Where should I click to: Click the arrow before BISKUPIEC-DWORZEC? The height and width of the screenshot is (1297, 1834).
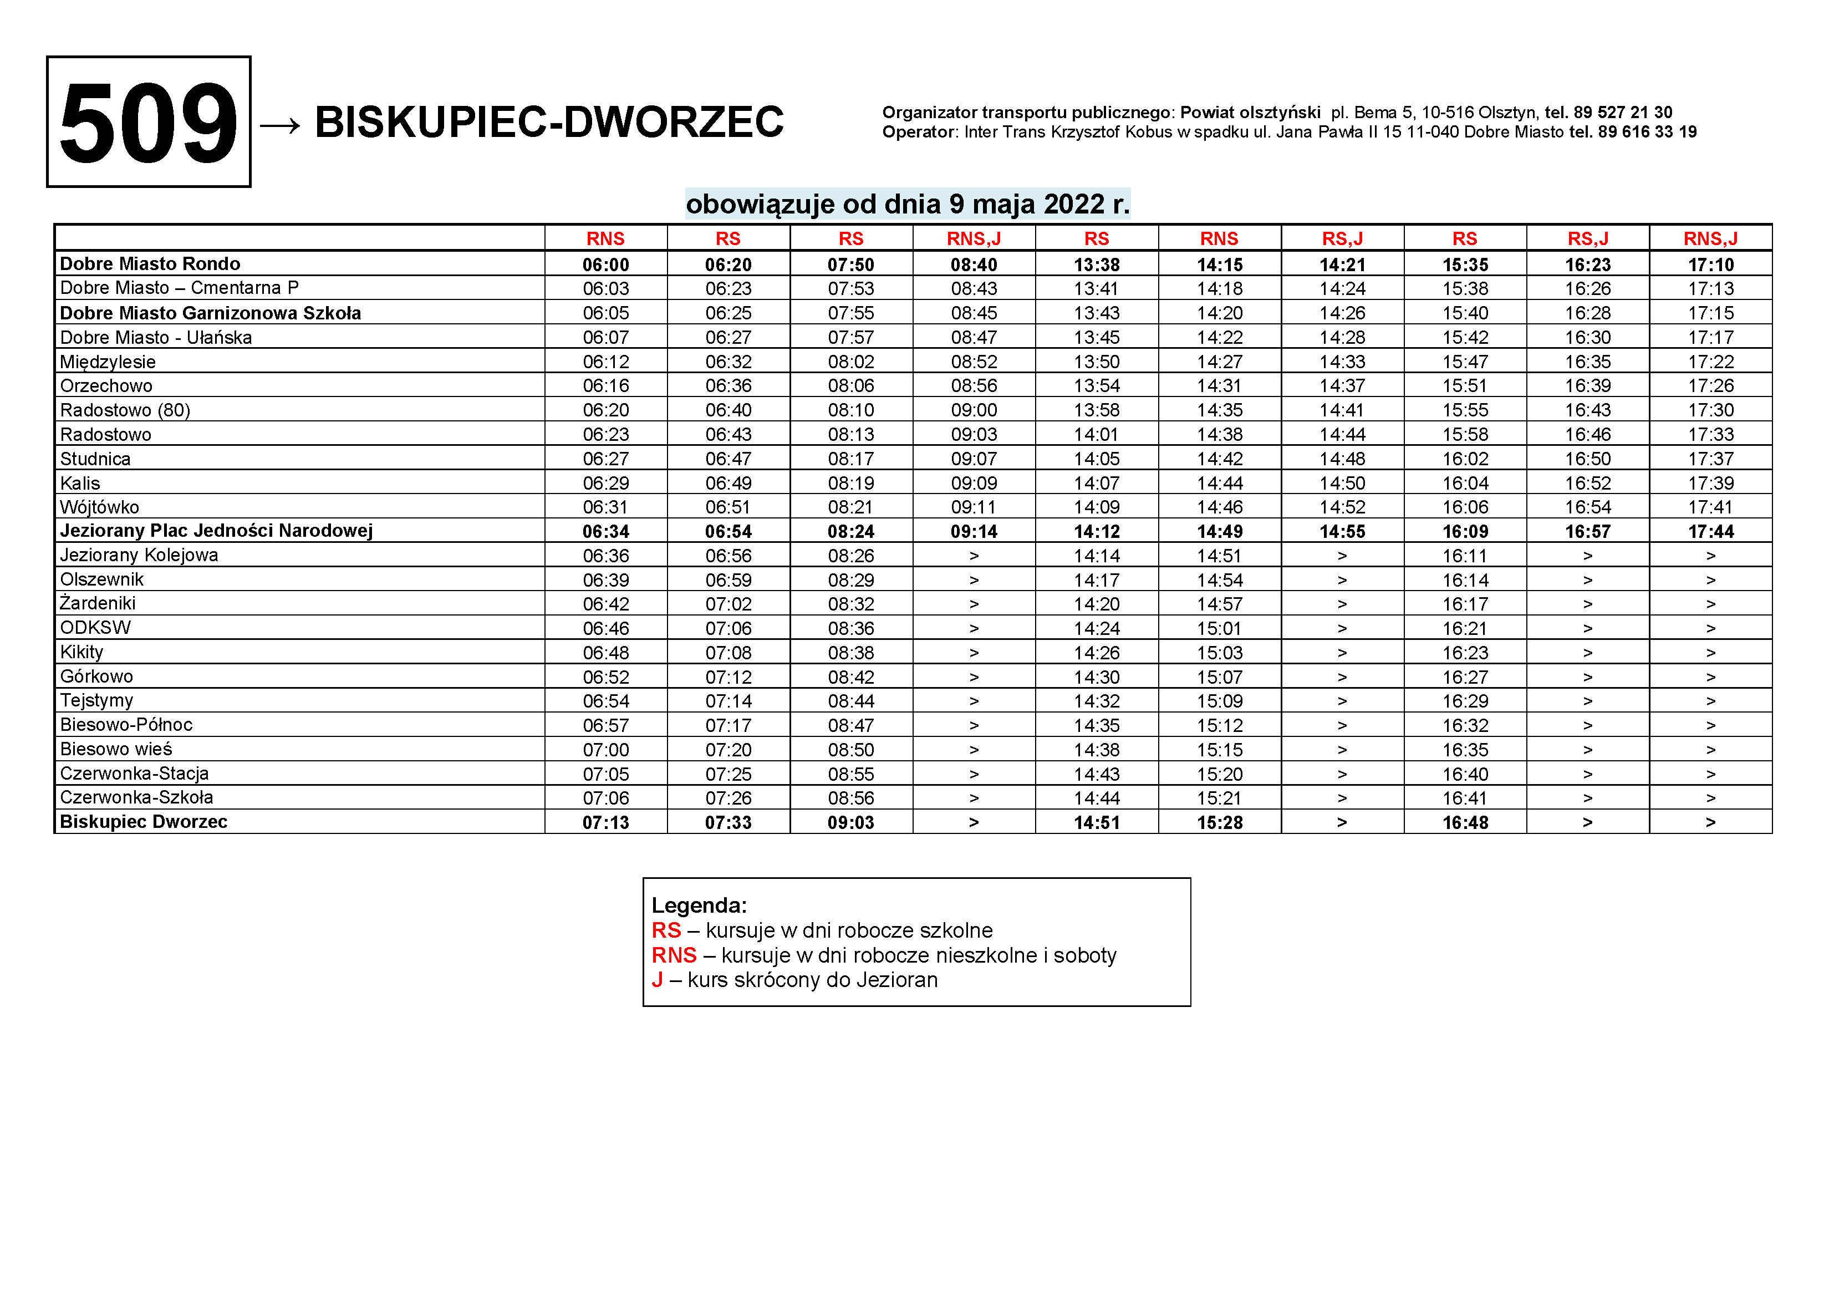coord(279,125)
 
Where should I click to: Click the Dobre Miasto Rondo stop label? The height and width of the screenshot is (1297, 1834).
coord(150,264)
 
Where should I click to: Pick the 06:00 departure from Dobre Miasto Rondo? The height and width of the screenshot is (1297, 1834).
coord(605,265)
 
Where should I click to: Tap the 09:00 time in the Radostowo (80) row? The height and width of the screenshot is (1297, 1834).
coord(974,410)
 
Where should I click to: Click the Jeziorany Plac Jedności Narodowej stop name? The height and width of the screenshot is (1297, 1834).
coord(216,531)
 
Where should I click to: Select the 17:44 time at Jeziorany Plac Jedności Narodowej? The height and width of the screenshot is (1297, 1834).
coord(1710,531)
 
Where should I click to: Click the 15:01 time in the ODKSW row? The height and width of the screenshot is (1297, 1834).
coord(1219,629)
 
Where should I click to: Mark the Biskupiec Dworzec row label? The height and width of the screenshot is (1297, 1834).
coord(144,822)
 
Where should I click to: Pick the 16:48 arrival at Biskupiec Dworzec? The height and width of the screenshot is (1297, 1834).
coord(1465,822)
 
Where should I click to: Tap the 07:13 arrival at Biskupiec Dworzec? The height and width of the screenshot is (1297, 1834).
coord(605,822)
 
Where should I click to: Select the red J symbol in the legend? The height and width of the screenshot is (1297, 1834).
coord(658,980)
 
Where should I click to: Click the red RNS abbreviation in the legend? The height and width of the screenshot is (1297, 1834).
coord(674,955)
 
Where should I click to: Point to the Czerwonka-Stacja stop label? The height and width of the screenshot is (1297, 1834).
coord(134,773)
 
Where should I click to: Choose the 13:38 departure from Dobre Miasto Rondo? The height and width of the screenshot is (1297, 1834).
coord(1097,265)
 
